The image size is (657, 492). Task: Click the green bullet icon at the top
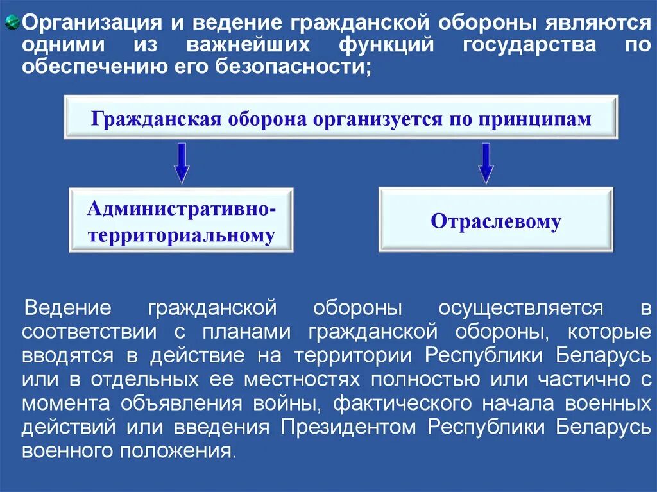11,24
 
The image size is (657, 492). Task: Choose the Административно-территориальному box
182,221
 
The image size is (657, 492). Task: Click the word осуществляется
520,309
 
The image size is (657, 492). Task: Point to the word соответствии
89,333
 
